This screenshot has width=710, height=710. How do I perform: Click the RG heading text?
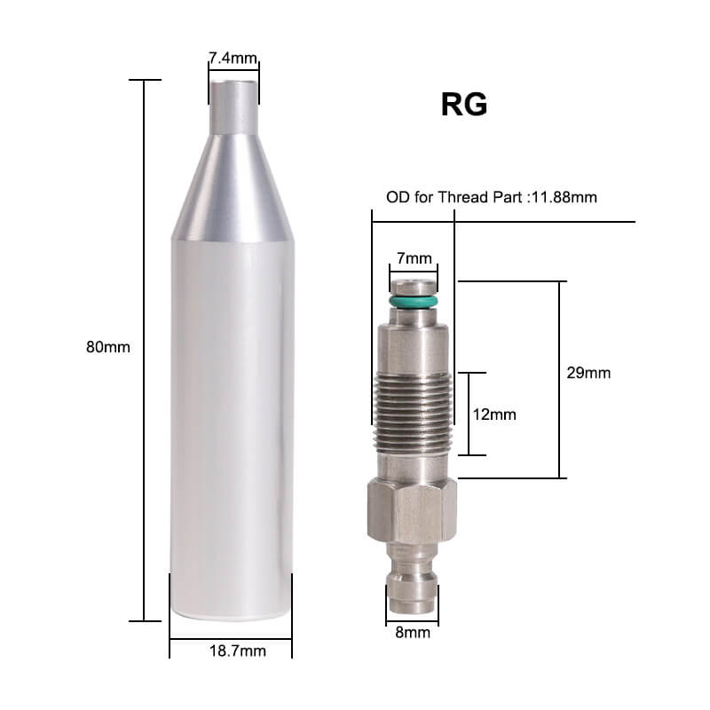point(463,106)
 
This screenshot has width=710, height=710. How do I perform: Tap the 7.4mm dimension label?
point(233,59)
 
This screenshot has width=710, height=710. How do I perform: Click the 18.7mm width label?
point(231,651)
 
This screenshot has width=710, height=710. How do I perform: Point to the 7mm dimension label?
point(414,258)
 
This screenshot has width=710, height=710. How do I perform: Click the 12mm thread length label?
point(494,414)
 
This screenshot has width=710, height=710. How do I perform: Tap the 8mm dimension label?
point(413,633)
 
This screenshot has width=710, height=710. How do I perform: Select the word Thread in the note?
point(460,197)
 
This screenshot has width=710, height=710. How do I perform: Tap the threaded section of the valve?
point(414,413)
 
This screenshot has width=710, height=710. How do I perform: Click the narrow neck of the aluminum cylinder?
point(233,107)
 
